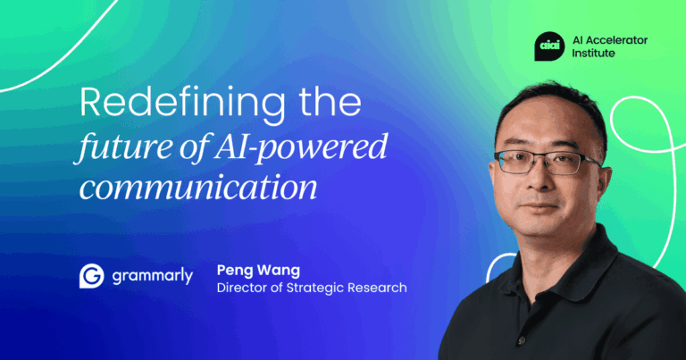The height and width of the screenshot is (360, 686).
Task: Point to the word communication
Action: [x=197, y=188]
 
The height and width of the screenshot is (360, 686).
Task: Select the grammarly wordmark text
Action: [x=152, y=276]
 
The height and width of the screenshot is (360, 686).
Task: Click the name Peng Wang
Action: [x=253, y=267]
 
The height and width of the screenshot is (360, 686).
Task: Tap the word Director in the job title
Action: [x=242, y=287]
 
